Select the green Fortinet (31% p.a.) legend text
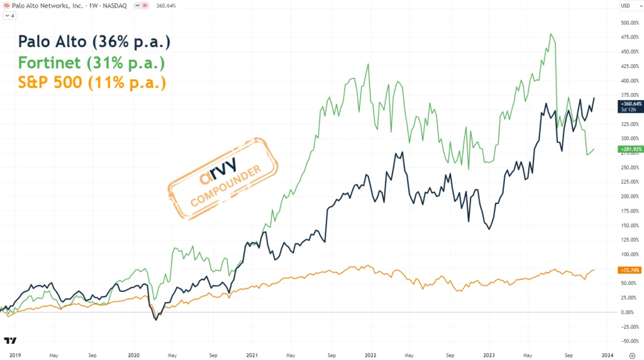(x=92, y=63)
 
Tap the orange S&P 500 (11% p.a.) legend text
(x=92, y=82)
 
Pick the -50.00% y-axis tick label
(x=630, y=341)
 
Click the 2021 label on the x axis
(x=252, y=355)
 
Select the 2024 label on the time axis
(x=608, y=355)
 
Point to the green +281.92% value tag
(x=630, y=149)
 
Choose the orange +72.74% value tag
(x=630, y=270)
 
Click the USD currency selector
(x=626, y=6)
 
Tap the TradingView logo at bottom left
(x=10, y=340)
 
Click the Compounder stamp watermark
(x=223, y=178)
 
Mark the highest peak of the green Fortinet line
(x=552, y=34)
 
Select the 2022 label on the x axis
(x=370, y=355)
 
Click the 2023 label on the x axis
(x=489, y=355)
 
